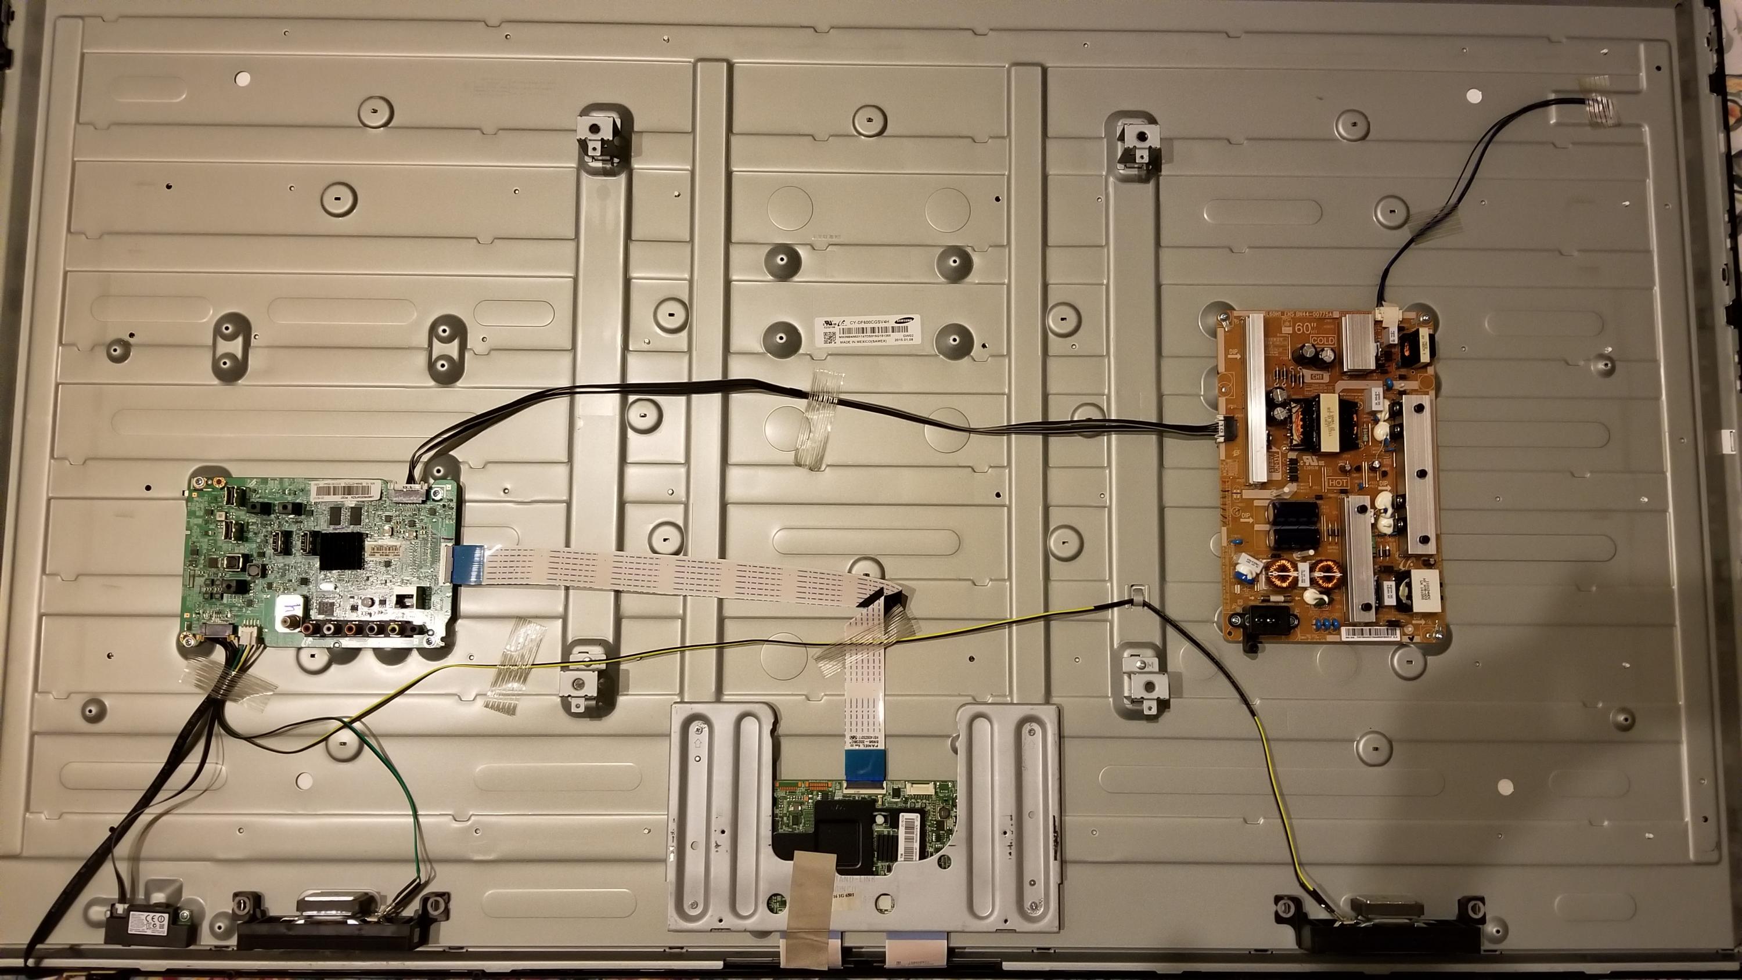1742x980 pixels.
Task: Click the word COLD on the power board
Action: coord(1322,340)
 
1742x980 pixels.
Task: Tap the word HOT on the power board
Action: coord(1338,484)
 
